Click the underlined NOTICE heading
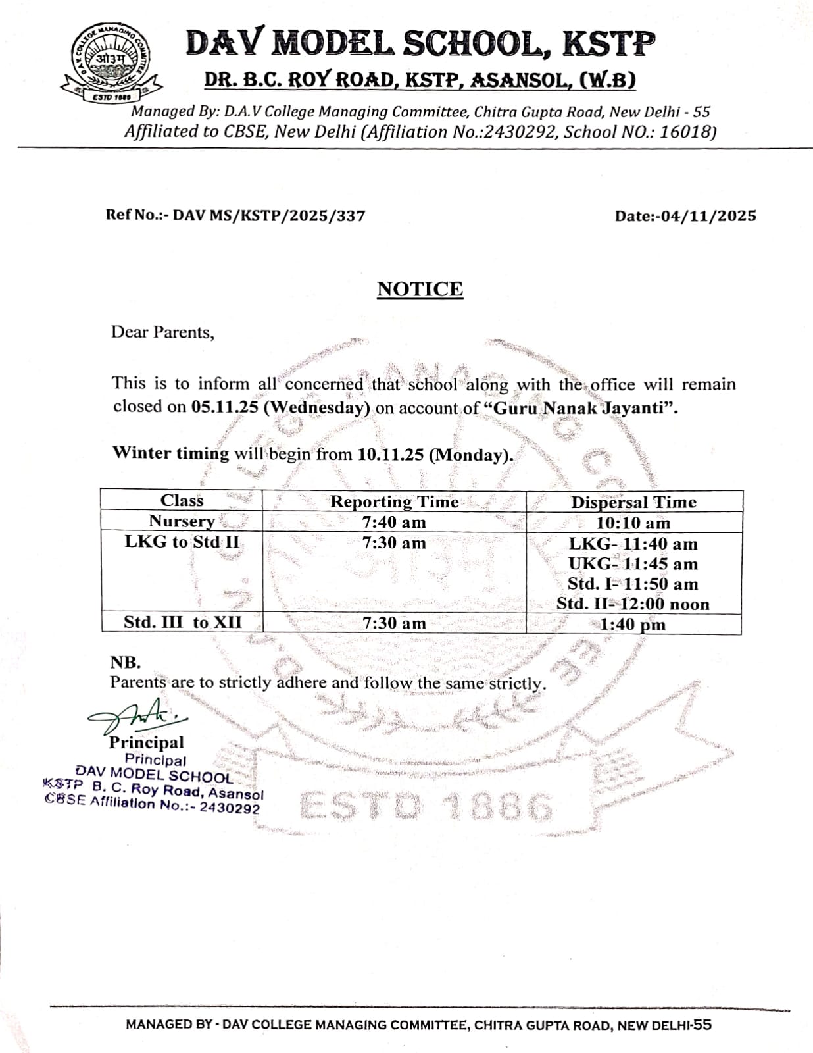pos(420,290)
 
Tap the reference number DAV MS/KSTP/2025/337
pos(268,216)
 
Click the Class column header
pos(182,501)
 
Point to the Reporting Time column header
pos(394,502)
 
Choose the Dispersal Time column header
pos(633,503)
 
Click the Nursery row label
pos(182,521)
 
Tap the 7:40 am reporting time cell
pos(394,523)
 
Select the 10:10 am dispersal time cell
pos(633,523)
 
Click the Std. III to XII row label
pos(182,623)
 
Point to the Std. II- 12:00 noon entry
pos(633,604)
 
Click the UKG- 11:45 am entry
pos(633,564)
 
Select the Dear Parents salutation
pos(162,332)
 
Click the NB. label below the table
pos(125,663)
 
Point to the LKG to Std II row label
pos(182,542)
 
